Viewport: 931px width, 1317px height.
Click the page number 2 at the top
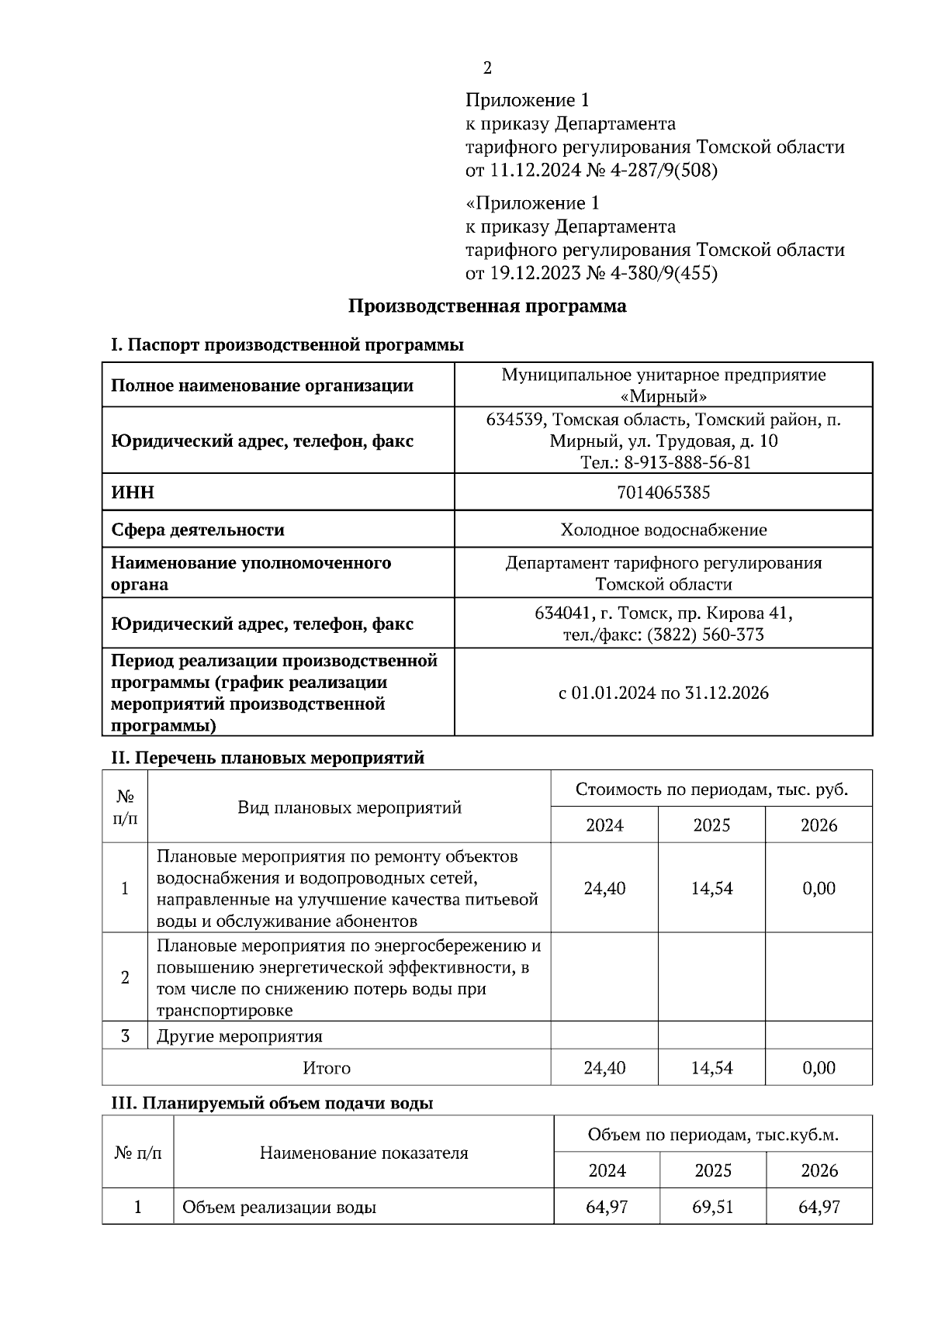click(x=487, y=68)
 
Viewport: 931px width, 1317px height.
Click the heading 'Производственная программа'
click(x=486, y=306)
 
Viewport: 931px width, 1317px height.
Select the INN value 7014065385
click(x=663, y=493)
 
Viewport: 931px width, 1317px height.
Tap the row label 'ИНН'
click(x=133, y=493)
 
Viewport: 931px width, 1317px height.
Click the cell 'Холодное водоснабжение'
click(x=663, y=530)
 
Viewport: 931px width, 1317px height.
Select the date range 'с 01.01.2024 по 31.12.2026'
click(x=663, y=693)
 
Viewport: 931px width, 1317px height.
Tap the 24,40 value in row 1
click(x=604, y=888)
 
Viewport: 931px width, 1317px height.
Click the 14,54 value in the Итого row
click(x=711, y=1068)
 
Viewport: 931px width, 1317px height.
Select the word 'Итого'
click(x=326, y=1068)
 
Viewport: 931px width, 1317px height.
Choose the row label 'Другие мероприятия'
click(x=239, y=1036)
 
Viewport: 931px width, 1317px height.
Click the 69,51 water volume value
click(x=713, y=1207)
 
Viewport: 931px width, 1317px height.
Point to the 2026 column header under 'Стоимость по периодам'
click(x=819, y=824)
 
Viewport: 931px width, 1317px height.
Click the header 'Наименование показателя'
click(x=363, y=1153)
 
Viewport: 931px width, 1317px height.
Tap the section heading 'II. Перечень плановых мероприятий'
click(x=268, y=758)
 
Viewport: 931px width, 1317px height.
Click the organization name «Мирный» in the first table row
click(x=664, y=396)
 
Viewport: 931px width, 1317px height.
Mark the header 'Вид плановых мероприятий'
click(x=349, y=807)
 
